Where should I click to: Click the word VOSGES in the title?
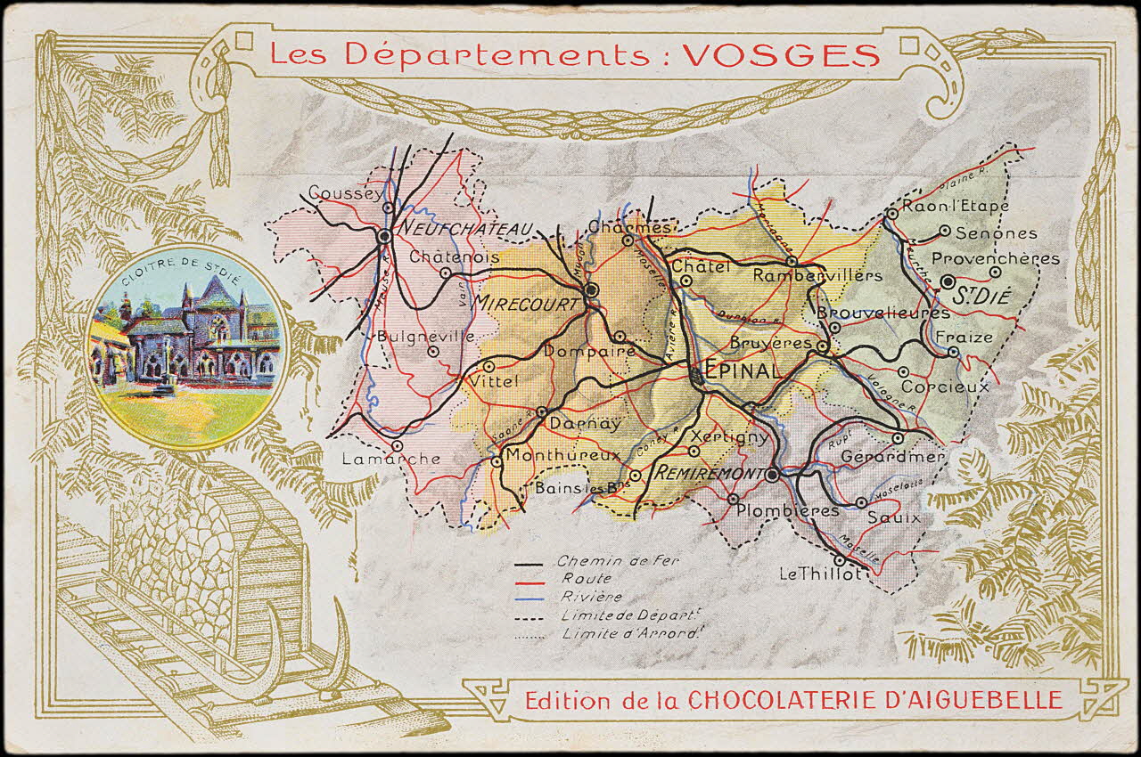click(x=782, y=55)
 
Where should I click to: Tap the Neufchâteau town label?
click(x=464, y=230)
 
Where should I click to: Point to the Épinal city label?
click(x=742, y=370)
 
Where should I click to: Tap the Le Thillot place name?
click(x=820, y=574)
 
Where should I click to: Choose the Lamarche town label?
click(x=391, y=459)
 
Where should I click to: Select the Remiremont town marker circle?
click(x=772, y=476)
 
